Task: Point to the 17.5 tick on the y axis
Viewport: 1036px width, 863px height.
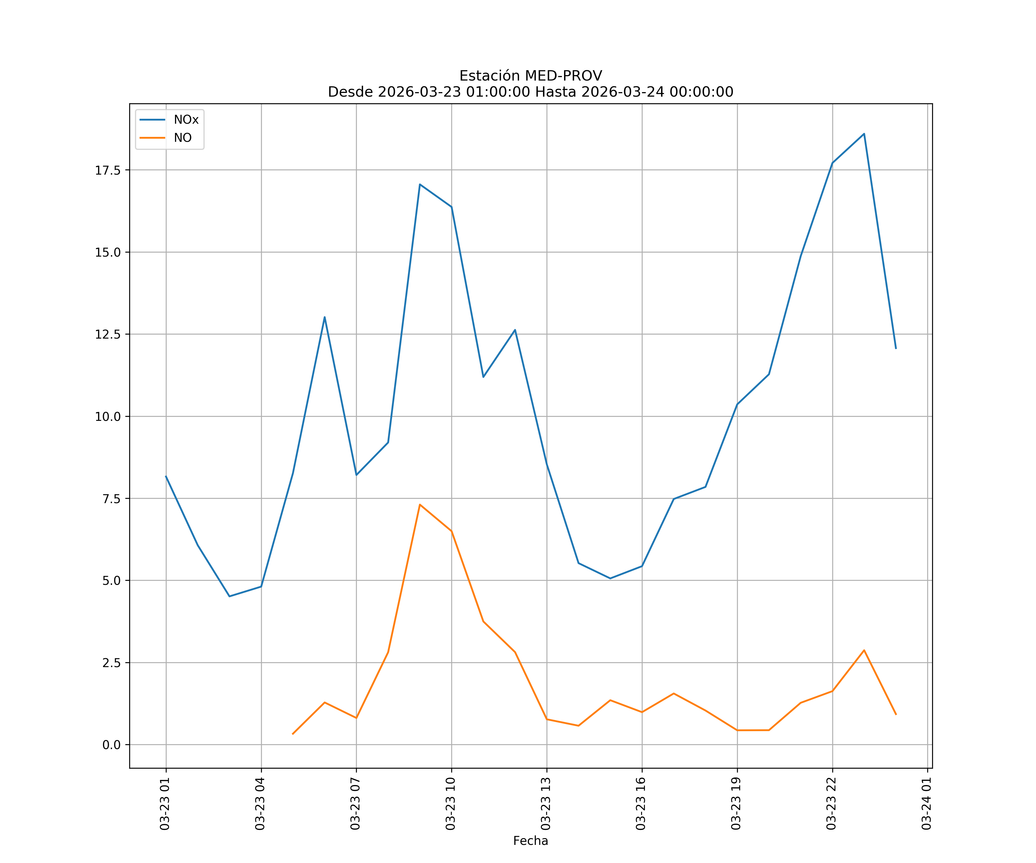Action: point(108,170)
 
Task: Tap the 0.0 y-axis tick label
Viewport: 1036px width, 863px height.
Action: point(111,745)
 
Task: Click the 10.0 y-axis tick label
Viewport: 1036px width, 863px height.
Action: point(108,416)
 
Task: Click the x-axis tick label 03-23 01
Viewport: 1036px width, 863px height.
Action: point(165,804)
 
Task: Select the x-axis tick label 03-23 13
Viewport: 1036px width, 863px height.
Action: point(546,804)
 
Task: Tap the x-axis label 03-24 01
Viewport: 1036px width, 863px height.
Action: point(926,804)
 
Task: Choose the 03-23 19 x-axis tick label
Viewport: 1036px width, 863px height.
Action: point(736,804)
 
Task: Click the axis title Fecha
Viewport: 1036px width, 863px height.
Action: point(530,841)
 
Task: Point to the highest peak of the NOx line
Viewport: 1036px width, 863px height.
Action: point(864,134)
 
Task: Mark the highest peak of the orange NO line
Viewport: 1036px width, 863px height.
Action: point(420,505)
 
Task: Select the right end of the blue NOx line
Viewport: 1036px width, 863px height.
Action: point(896,349)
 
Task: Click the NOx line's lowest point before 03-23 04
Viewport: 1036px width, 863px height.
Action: point(229,596)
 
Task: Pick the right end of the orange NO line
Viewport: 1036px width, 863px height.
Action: point(896,715)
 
